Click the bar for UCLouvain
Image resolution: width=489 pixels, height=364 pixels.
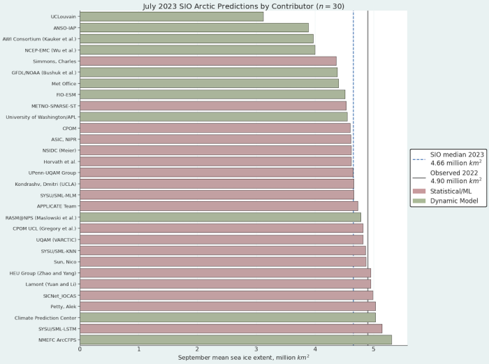171,16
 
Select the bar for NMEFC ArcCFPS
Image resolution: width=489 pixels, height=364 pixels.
235,340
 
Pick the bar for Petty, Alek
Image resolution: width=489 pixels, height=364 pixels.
227,306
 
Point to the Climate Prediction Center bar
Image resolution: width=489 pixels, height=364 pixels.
227,317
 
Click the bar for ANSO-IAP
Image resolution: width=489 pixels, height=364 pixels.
194,27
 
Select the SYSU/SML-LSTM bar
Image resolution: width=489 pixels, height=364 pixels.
231,328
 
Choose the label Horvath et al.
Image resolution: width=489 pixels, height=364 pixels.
61,161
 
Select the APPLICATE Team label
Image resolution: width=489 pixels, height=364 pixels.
57,206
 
